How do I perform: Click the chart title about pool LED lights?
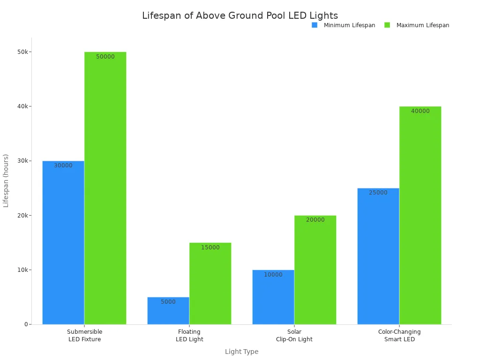pos(240,16)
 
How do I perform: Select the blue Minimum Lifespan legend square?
pos(315,25)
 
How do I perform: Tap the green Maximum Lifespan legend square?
pos(387,25)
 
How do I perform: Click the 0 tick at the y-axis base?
pos(27,324)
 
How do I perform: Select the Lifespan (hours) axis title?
pos(6,180)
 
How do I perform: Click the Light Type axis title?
pos(241,352)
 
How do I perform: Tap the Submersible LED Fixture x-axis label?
pos(84,336)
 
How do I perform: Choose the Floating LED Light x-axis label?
pos(189,336)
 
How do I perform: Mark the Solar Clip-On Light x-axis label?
pos(294,336)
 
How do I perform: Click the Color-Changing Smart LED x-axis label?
pos(399,336)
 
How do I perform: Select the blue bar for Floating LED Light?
pos(168,312)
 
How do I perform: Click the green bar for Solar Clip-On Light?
pos(315,272)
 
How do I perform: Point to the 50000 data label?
pos(105,57)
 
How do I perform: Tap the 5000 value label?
pos(168,302)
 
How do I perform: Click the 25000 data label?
pos(378,193)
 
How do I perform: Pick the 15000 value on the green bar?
pos(210,247)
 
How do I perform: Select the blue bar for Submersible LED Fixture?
pos(63,244)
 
